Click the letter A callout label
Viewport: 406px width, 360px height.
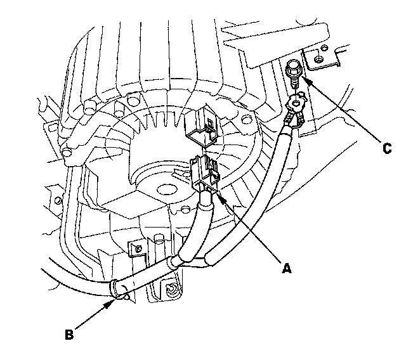286,268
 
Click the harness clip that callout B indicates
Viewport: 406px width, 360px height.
116,288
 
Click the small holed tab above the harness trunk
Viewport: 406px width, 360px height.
134,248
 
